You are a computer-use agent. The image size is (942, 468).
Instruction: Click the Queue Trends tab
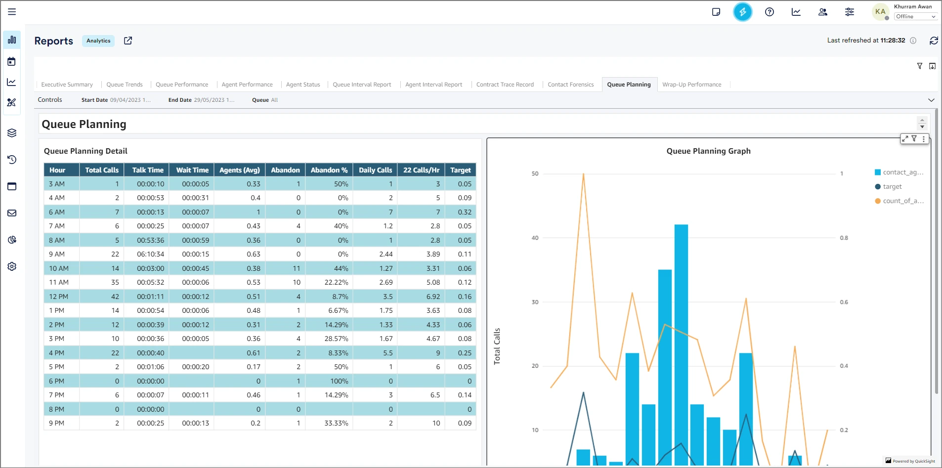(x=125, y=85)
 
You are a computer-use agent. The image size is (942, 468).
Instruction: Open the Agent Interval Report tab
(x=433, y=85)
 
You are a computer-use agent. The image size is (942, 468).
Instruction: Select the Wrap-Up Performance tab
(x=691, y=85)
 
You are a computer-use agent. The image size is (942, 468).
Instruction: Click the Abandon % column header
(x=329, y=170)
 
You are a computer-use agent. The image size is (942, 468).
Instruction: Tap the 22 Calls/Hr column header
(x=421, y=170)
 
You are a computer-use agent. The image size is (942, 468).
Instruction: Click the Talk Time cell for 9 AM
(x=150, y=254)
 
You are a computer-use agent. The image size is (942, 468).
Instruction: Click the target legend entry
(x=892, y=187)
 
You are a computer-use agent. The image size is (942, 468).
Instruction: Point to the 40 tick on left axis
(x=535, y=238)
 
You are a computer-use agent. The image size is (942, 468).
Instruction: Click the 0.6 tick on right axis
(x=844, y=302)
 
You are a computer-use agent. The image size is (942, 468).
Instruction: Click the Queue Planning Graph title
(x=708, y=151)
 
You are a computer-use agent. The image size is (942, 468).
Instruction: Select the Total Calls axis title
(x=497, y=346)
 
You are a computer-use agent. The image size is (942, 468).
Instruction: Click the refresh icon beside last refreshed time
(x=934, y=41)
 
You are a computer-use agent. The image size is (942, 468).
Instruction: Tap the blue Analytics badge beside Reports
(x=98, y=41)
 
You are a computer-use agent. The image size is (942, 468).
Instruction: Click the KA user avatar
(x=880, y=12)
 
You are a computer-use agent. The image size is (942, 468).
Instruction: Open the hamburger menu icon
(x=12, y=12)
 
